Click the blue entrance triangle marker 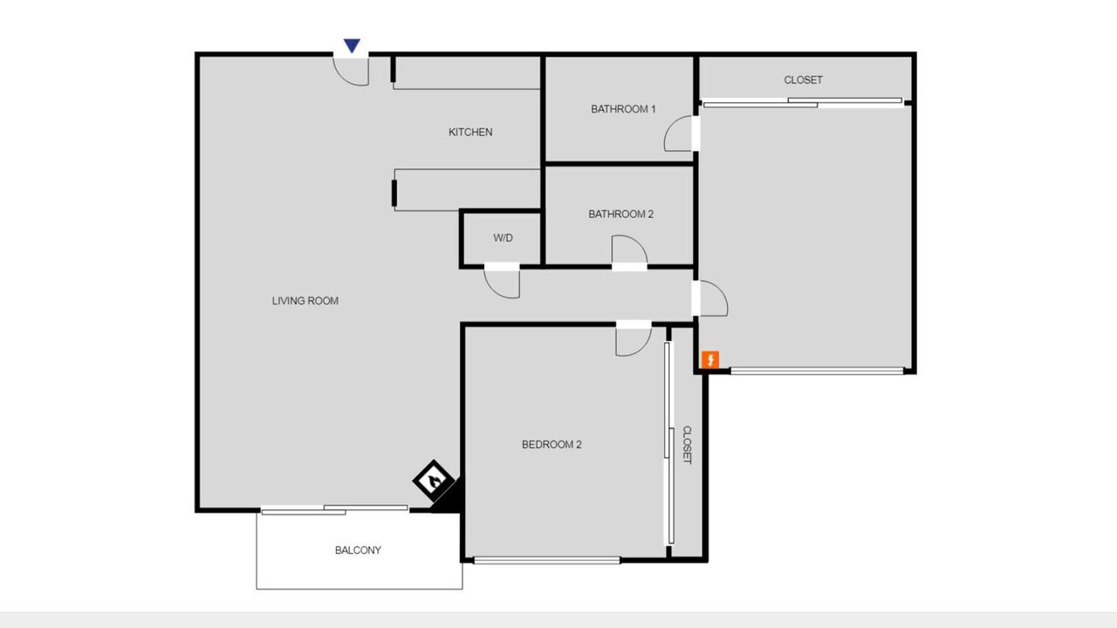pyautogui.click(x=352, y=45)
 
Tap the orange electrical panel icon pyautogui.click(x=710, y=359)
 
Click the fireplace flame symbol pyautogui.click(x=434, y=481)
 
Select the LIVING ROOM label pyautogui.click(x=305, y=301)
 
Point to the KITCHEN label pyautogui.click(x=470, y=132)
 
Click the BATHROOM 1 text pyautogui.click(x=623, y=109)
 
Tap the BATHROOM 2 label pyautogui.click(x=620, y=214)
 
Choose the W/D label pyautogui.click(x=503, y=238)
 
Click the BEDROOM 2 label pyautogui.click(x=552, y=444)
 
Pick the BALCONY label pyautogui.click(x=358, y=549)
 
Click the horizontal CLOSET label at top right pyautogui.click(x=803, y=79)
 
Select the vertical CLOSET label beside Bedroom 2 pyautogui.click(x=687, y=445)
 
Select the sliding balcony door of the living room pyautogui.click(x=334, y=509)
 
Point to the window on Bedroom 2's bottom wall pyautogui.click(x=546, y=560)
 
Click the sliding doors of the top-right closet pyautogui.click(x=803, y=103)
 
